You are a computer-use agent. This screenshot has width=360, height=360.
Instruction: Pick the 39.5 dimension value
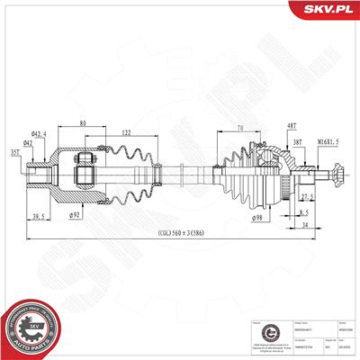point(40,216)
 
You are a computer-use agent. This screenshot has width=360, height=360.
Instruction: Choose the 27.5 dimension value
point(307,195)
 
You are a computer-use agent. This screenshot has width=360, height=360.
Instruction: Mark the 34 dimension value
point(306,225)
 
